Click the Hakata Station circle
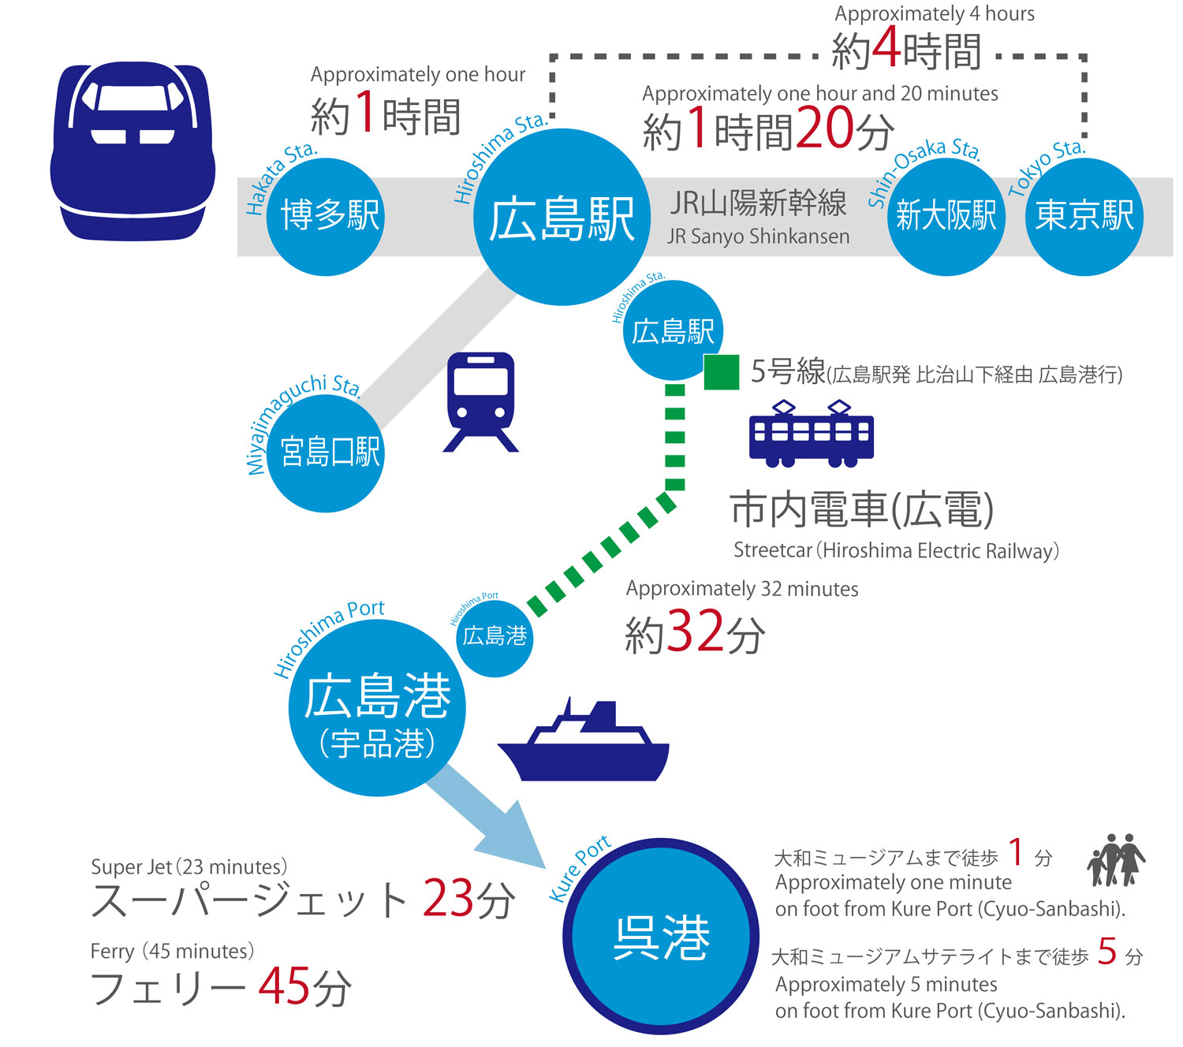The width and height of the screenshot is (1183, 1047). pyautogui.click(x=326, y=216)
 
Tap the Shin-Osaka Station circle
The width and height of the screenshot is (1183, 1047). pyautogui.click(x=946, y=216)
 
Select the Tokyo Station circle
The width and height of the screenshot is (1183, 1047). pyautogui.click(x=1084, y=216)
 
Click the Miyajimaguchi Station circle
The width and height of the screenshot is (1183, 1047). pyautogui.click(x=326, y=453)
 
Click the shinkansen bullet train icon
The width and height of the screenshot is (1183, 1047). pyautogui.click(x=132, y=151)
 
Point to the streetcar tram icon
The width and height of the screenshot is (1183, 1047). pyautogui.click(x=811, y=434)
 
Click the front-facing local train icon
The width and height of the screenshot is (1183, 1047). pyautogui.click(x=480, y=401)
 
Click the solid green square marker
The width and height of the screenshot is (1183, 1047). pyautogui.click(x=721, y=372)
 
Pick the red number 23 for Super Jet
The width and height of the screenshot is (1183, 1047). pyautogui.click(x=447, y=898)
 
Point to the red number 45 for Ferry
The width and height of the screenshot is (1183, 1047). pyautogui.click(x=284, y=985)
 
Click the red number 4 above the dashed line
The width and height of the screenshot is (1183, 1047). pyautogui.click(x=886, y=49)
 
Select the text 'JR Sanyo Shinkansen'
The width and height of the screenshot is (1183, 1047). pyautogui.click(x=758, y=237)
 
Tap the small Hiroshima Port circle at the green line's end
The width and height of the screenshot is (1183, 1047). pyautogui.click(x=494, y=637)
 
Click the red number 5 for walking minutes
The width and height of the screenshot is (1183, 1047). pyautogui.click(x=1107, y=952)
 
